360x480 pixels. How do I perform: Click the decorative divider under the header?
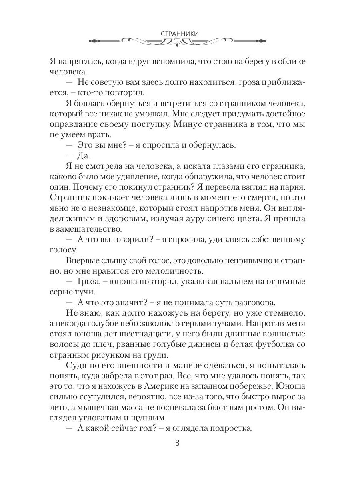pos(180,41)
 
